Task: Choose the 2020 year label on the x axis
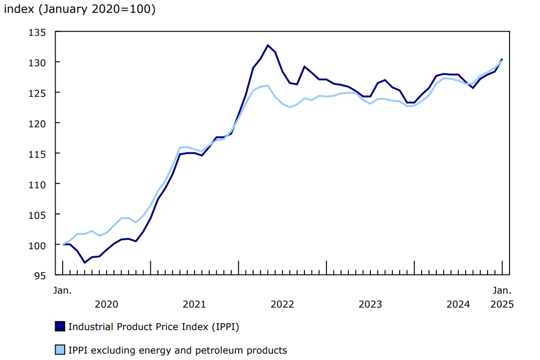tap(106, 304)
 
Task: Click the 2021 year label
tap(194, 304)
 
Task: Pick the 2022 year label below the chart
tap(282, 304)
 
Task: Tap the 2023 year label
tap(370, 304)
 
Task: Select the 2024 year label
tap(458, 304)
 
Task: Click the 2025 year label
tap(502, 304)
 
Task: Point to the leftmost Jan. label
tap(62, 291)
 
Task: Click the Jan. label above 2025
tap(502, 291)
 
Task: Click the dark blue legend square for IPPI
tap(60, 326)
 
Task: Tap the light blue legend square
tap(60, 350)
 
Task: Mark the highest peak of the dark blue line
tap(268, 45)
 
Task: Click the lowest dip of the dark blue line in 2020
tap(85, 263)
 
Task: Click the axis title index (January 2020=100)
tap(80, 10)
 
